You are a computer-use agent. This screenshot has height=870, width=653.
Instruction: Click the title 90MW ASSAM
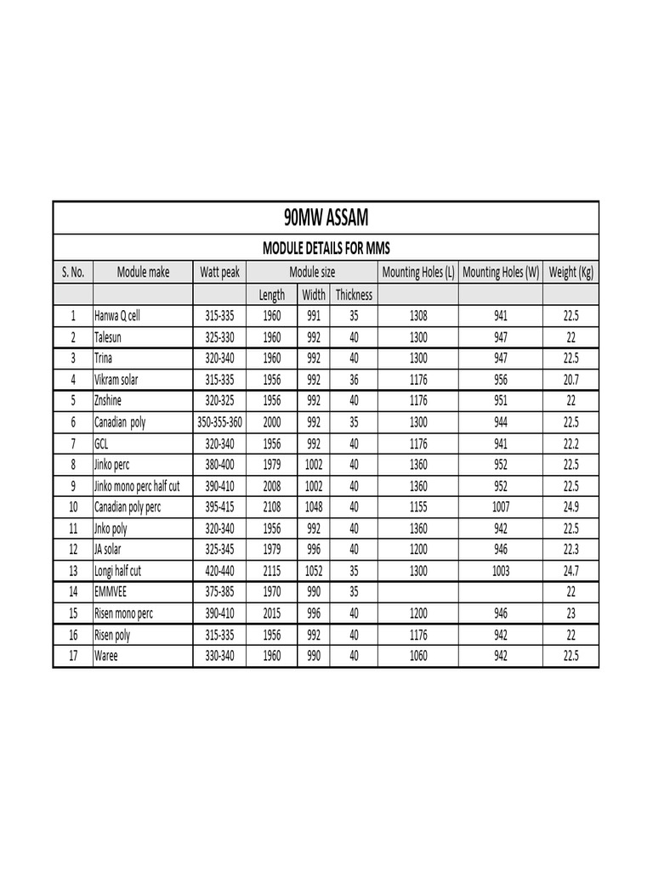click(326, 218)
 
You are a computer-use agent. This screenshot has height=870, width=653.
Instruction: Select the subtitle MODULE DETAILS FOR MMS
click(326, 248)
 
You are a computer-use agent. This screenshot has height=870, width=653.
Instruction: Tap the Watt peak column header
click(219, 273)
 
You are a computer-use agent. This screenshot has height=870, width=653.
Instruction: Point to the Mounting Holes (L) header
click(418, 273)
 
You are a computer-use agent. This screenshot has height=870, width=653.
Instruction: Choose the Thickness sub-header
click(354, 295)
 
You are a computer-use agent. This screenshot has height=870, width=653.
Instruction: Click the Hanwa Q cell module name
click(116, 316)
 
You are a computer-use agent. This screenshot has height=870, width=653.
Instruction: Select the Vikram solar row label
click(116, 380)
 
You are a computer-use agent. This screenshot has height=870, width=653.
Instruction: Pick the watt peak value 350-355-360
click(219, 422)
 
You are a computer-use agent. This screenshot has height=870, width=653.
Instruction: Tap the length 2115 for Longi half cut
click(272, 571)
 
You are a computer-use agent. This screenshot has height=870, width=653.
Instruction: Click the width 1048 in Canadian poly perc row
click(314, 507)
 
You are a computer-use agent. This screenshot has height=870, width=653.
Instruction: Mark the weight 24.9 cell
click(571, 507)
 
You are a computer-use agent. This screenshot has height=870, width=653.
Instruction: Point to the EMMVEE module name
click(112, 592)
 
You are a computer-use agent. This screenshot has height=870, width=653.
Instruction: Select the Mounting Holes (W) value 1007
click(501, 507)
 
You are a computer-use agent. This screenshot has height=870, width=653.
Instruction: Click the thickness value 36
click(354, 380)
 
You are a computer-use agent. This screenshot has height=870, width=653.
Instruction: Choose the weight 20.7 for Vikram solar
click(571, 380)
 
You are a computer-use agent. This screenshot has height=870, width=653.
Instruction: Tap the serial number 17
click(73, 656)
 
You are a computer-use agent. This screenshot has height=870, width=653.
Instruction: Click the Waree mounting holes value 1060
click(418, 656)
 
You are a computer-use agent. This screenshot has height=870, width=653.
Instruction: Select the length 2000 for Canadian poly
click(272, 422)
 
